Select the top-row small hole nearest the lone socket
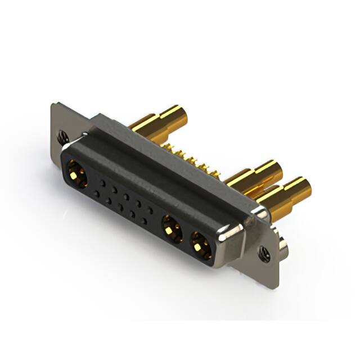[x=102, y=183]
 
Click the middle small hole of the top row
[x=127, y=197]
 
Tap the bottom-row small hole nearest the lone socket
[x=97, y=193]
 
